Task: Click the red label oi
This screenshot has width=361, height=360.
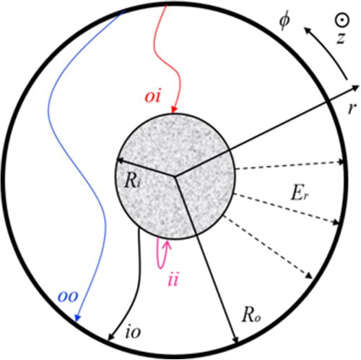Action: pyautogui.click(x=152, y=97)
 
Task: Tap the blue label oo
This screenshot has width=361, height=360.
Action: pyautogui.click(x=68, y=297)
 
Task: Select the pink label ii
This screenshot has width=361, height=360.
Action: pyautogui.click(x=173, y=280)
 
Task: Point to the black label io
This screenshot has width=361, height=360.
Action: pyautogui.click(x=133, y=332)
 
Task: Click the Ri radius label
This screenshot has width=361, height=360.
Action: pyautogui.click(x=132, y=181)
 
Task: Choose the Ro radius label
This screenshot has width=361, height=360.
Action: pyautogui.click(x=251, y=315)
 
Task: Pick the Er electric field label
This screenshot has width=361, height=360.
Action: pyautogui.click(x=299, y=193)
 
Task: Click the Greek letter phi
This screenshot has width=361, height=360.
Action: pyautogui.click(x=284, y=22)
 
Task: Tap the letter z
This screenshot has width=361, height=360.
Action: pyautogui.click(x=341, y=38)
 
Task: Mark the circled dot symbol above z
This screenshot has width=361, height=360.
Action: pyautogui.click(x=342, y=20)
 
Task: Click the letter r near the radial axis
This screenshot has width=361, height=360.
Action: pyautogui.click(x=352, y=108)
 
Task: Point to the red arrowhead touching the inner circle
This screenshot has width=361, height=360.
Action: pyautogui.click(x=174, y=110)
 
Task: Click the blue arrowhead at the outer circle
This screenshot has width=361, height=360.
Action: pyautogui.click(x=77, y=318)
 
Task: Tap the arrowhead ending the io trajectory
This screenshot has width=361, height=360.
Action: pyautogui.click(x=110, y=337)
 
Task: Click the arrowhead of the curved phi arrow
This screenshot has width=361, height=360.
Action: pyautogui.click(x=307, y=30)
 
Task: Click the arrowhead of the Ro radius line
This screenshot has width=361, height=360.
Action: pyautogui.click(x=235, y=339)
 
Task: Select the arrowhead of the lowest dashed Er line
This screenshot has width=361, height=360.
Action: pyautogui.click(x=309, y=276)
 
